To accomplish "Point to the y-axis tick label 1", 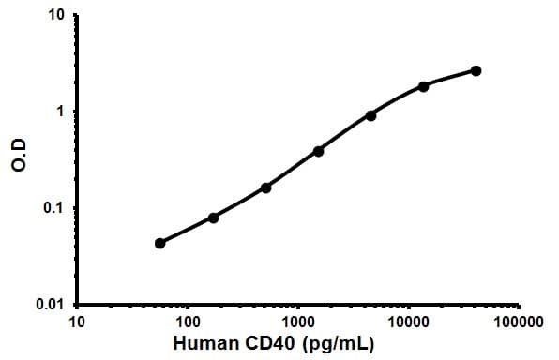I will pyautogui.click(x=61, y=112).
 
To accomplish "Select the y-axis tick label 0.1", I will pyautogui.click(x=55, y=208).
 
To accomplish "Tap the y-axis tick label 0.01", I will pyautogui.click(x=52, y=305).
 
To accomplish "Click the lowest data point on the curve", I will pyautogui.click(x=160, y=243).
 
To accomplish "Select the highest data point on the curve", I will pyautogui.click(x=476, y=70).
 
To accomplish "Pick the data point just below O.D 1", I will pyautogui.click(x=371, y=115).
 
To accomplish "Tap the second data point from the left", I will pyautogui.click(x=213, y=217).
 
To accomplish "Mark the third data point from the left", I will pyautogui.click(x=265, y=187).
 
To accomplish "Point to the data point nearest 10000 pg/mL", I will pyautogui.click(x=424, y=86).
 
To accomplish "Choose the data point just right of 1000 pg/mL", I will pyautogui.click(x=319, y=151).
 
